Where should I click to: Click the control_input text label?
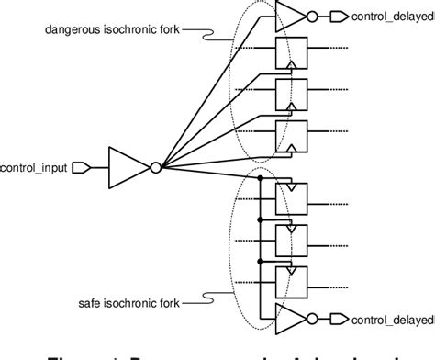[32, 167]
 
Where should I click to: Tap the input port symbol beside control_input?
[80, 167]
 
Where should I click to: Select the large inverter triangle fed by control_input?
[128, 167]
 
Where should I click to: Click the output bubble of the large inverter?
[156, 167]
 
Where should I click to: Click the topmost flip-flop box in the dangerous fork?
[291, 54]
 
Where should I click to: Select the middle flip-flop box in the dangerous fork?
[291, 95]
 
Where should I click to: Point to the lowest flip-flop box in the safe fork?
[291, 280]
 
